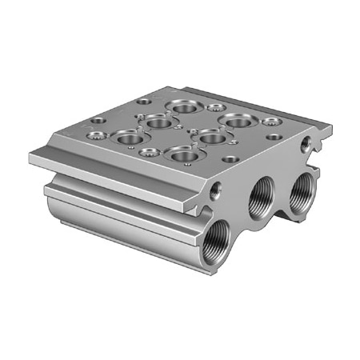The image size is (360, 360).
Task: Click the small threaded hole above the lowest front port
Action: coord(214,192)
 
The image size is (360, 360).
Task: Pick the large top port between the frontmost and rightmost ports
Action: coord(211,137)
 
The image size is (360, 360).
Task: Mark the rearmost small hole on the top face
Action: coord(143,102)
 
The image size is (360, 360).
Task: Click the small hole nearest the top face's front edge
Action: coord(230,159)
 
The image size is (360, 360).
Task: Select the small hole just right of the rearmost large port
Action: coord(214,106)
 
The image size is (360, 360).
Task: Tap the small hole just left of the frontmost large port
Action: coord(146,151)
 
